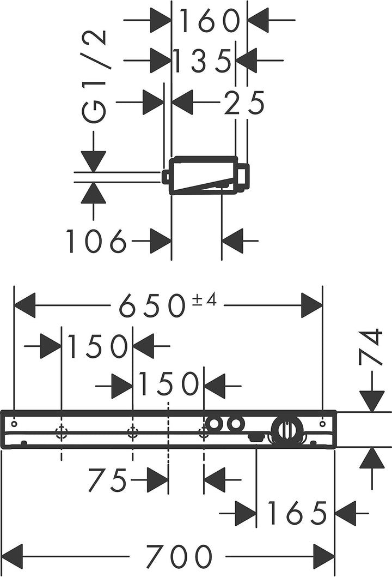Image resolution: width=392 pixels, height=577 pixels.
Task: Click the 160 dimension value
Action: pos(210,21)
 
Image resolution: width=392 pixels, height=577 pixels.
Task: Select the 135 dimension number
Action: pos(202,61)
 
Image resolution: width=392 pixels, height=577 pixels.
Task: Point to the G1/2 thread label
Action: pos(94,76)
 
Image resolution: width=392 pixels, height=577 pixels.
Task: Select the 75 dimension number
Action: pos(107,480)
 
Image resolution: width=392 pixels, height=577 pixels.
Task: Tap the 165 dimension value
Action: pos(297,513)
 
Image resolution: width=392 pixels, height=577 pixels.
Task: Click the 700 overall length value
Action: pos(179,556)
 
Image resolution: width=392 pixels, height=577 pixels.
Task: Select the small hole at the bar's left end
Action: pos(14,424)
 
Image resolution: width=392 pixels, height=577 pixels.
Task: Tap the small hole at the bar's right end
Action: pos(322,424)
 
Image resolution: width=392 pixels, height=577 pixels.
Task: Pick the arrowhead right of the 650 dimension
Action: pos(311,305)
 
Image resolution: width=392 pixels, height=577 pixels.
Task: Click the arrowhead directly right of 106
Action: pos(161,241)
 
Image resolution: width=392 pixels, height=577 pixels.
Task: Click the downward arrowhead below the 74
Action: pos(372,401)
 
